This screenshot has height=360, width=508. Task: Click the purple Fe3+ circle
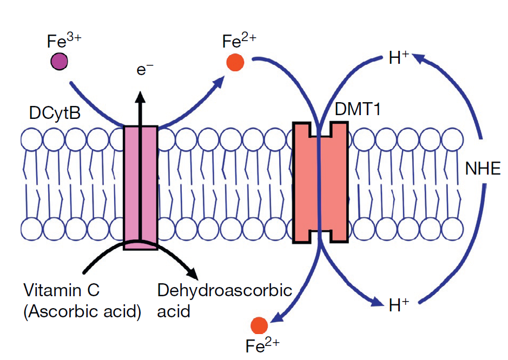(59, 61)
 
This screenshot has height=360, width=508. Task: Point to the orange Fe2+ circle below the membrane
(259, 326)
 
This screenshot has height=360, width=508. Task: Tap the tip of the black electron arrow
(141, 94)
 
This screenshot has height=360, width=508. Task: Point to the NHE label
(483, 170)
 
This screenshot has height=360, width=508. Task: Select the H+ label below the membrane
(399, 305)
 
